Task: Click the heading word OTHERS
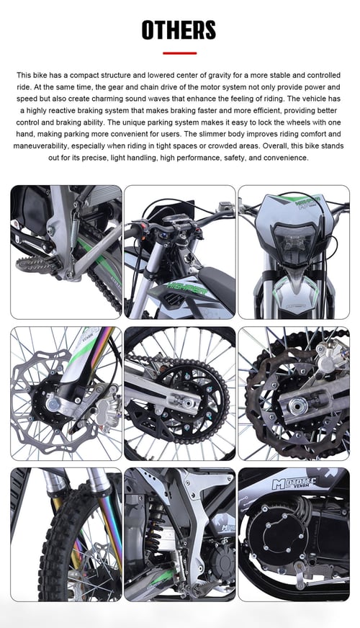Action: click(179, 30)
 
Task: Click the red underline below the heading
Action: click(179, 53)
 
